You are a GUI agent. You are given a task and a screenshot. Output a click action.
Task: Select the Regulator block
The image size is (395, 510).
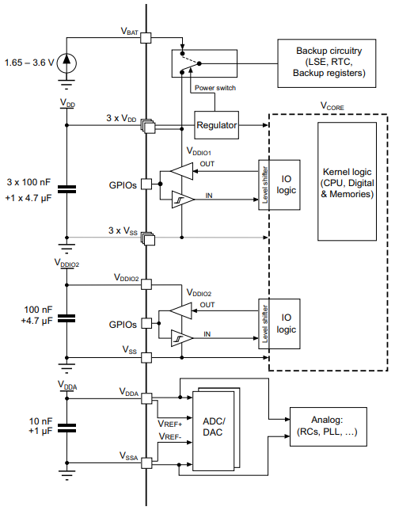[216, 124]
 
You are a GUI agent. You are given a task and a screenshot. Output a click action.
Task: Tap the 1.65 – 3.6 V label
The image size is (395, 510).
[29, 61]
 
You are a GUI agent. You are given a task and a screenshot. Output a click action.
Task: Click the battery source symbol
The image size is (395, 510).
[67, 61]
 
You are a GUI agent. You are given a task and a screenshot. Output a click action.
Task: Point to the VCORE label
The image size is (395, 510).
[331, 105]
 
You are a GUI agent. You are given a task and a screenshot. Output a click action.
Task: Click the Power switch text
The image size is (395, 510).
[215, 87]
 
